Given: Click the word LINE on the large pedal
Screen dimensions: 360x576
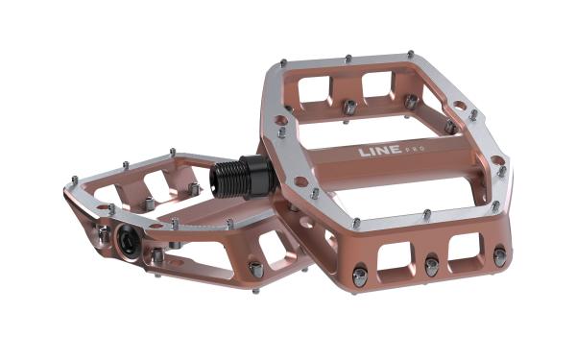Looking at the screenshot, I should tap(376, 152).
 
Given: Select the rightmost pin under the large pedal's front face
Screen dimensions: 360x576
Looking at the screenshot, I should tap(499, 257).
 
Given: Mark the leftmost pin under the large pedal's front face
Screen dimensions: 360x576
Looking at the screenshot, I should tap(359, 277).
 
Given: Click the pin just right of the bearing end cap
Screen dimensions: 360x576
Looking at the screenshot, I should tap(156, 256).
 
